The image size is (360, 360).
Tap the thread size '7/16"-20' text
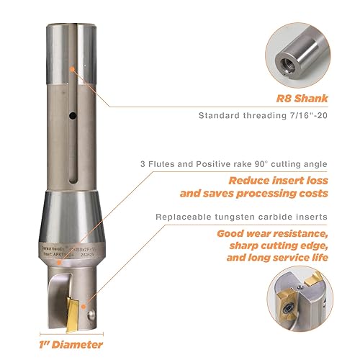click(310, 116)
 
